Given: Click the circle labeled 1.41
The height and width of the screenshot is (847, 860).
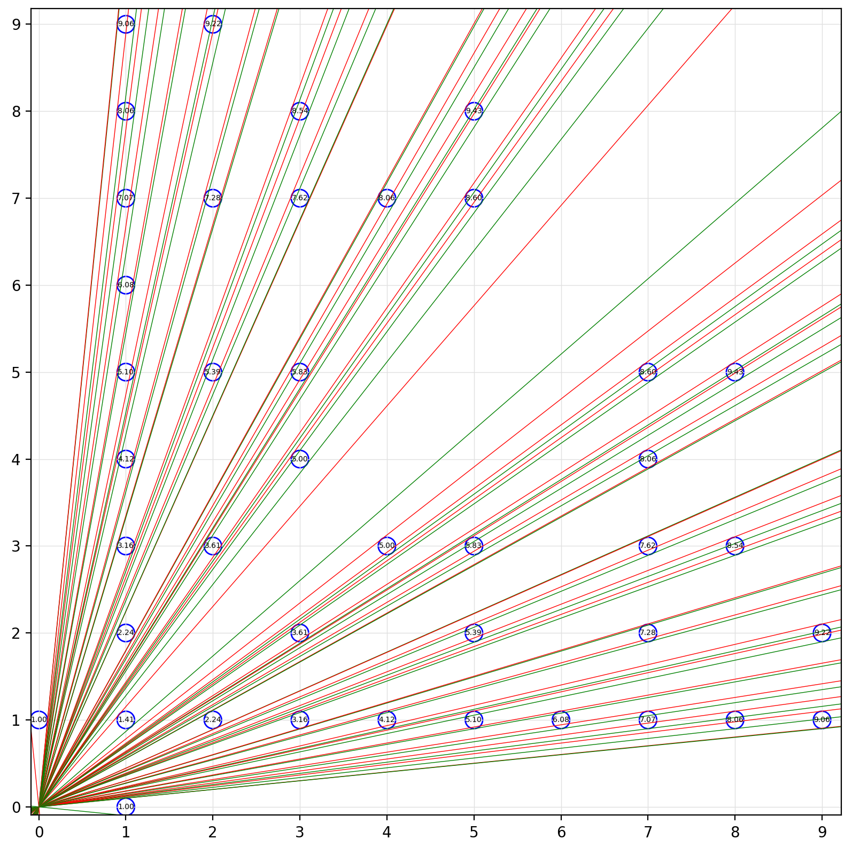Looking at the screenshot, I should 126,719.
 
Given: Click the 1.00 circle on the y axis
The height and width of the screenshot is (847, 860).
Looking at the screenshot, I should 38,719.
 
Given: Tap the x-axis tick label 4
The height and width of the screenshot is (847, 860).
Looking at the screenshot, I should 386,832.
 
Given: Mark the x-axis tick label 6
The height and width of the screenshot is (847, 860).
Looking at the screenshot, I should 561,832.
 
